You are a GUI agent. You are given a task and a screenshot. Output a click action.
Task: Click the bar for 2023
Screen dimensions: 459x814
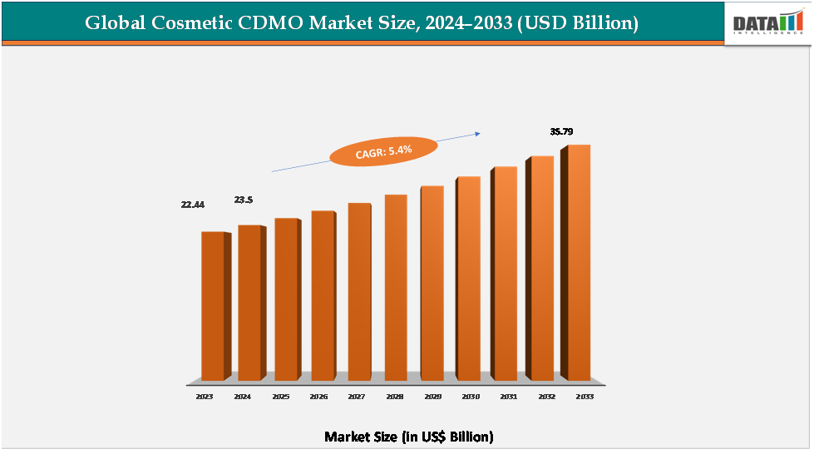(x=213, y=305)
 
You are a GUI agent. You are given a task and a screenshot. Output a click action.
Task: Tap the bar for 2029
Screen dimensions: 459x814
(x=432, y=283)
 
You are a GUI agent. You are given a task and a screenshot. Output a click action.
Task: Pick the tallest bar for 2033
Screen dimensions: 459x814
(x=578, y=262)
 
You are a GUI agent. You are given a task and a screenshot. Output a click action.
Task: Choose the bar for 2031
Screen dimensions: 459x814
(x=505, y=273)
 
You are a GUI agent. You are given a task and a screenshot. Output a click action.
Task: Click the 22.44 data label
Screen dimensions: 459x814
(x=193, y=204)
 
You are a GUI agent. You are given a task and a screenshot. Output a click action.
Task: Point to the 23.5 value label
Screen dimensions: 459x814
(x=244, y=200)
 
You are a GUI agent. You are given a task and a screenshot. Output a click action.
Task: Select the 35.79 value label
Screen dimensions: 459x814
(x=561, y=131)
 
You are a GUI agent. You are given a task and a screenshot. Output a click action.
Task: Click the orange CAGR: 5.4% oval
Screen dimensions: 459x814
(x=382, y=151)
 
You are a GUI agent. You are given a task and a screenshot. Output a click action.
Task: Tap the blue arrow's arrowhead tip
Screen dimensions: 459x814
(x=481, y=131)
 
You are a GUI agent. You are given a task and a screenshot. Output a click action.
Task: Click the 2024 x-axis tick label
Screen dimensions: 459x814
(x=242, y=397)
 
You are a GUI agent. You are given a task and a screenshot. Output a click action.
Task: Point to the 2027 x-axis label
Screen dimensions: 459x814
(x=356, y=397)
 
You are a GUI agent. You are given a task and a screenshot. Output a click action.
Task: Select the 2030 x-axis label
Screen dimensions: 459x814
(x=471, y=397)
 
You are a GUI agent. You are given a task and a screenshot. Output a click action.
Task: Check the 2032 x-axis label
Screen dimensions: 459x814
(x=546, y=397)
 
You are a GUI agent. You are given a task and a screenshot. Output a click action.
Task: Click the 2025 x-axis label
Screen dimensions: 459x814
(x=280, y=397)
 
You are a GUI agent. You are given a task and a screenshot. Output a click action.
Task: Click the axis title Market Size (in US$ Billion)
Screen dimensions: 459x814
(x=408, y=437)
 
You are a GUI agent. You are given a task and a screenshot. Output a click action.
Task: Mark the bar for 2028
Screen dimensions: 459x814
(x=395, y=287)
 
